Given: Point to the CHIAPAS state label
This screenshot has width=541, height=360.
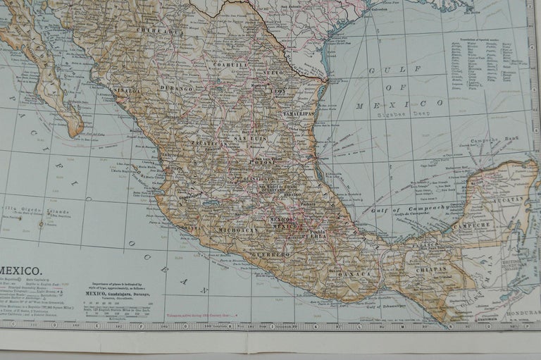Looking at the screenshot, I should (x=430, y=267).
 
